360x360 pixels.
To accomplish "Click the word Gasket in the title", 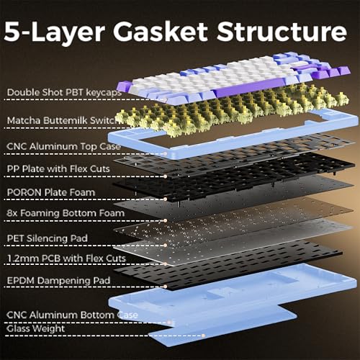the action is [161, 32].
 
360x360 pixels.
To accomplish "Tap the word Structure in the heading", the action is [282, 32].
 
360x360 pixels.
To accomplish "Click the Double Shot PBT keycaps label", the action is [64, 92].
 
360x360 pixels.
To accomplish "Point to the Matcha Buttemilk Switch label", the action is [63, 120].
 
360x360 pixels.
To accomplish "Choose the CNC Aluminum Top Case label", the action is [63, 146].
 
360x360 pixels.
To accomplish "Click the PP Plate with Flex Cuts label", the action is [58, 168].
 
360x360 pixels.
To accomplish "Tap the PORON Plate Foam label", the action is [51, 192].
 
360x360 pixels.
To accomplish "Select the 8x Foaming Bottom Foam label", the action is [66, 213].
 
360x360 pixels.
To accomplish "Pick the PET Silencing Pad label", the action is [48, 238].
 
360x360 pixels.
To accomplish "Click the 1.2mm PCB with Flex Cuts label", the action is [66, 258].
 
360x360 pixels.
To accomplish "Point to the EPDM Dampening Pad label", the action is [58, 280].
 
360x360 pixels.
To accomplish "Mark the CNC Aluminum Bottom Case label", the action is [72, 315].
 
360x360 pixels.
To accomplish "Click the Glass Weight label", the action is [36, 328].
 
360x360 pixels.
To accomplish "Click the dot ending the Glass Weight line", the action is [203, 336].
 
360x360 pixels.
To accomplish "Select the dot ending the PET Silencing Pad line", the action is [165, 245].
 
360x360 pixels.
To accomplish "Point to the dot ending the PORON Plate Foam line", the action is [165, 199].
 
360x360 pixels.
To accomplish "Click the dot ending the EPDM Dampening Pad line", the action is [165, 287].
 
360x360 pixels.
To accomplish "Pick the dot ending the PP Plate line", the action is [165, 176].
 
